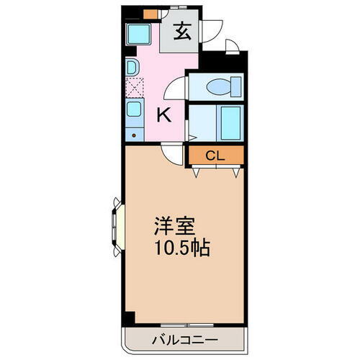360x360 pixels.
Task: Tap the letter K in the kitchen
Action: [163, 114]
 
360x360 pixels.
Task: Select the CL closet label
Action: [215, 155]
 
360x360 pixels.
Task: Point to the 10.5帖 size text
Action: [180, 248]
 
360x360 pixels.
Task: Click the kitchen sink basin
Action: [134, 112]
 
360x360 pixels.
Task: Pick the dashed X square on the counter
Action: [134, 89]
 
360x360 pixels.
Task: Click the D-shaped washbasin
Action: [132, 67]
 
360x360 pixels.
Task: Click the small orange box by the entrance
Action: [148, 13]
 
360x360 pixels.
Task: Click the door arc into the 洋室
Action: [170, 152]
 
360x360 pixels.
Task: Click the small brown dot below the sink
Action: [134, 135]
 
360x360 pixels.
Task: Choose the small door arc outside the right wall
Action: [232, 48]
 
